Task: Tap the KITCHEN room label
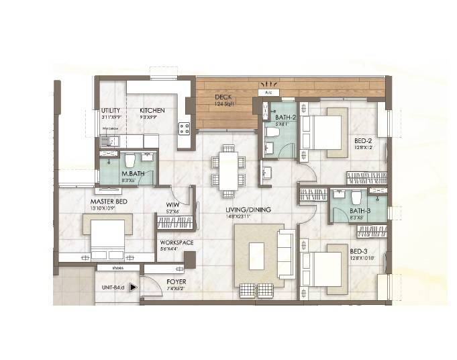coord(152,111)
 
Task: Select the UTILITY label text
coord(110,111)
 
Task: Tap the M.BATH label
coord(130,173)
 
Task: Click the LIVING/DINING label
coord(248,210)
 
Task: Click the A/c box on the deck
coord(268,92)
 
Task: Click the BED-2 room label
coord(363,141)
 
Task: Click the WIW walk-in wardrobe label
coord(172,205)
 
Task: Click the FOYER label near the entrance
coord(176,282)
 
